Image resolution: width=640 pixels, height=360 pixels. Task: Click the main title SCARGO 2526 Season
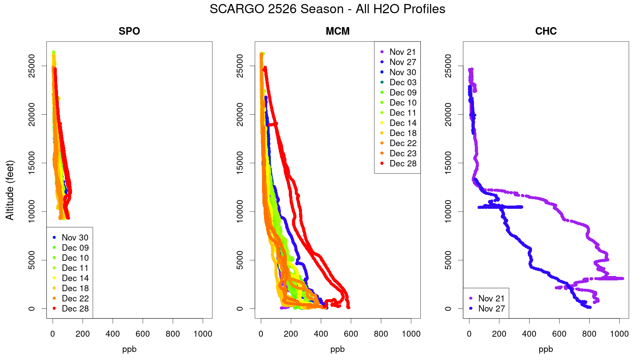point(327,9)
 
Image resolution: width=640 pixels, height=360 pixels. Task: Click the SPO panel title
point(129,31)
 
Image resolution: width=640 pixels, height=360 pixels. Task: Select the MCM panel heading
point(338,31)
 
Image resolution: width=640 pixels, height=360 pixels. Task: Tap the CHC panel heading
point(546,31)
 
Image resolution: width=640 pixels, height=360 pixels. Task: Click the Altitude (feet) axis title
point(10,190)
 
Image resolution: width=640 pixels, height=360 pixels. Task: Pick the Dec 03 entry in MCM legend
point(403,82)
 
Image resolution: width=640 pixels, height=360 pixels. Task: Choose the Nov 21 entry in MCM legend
point(402,52)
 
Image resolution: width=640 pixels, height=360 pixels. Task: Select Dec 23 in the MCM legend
point(403,153)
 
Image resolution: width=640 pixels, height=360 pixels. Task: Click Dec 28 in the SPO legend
point(75,308)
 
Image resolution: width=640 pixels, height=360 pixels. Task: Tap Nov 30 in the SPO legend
point(75,238)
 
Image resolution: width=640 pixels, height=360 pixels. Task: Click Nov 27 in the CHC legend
point(491,308)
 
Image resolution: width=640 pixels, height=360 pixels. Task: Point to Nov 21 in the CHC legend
point(491,298)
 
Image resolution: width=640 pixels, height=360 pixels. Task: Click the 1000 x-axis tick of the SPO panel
point(203,334)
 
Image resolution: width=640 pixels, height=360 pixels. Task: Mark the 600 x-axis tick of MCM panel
point(351,334)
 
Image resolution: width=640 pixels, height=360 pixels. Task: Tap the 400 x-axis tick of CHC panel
point(529,334)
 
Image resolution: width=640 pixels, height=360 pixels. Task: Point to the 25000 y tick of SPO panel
point(32,66)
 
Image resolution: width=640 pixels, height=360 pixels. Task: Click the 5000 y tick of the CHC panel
point(448,260)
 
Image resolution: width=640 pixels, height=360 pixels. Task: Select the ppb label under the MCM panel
point(338,349)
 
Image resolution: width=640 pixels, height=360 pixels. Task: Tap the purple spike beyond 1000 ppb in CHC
point(618,278)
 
